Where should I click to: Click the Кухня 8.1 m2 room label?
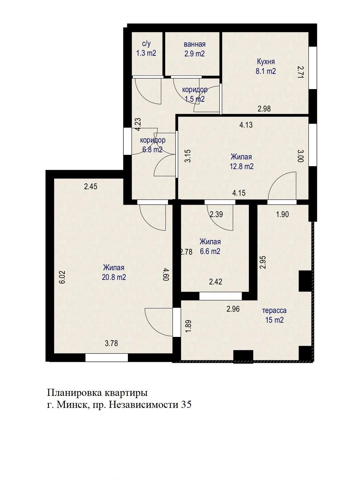(266, 66)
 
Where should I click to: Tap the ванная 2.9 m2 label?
(194, 49)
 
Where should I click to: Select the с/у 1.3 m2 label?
(146, 49)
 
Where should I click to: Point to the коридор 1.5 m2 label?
(195, 94)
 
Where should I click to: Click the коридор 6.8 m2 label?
(152, 145)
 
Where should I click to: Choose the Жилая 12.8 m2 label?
(242, 162)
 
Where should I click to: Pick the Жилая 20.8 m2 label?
(114, 272)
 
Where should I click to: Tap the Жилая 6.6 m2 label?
(210, 247)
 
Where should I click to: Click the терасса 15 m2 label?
(274, 315)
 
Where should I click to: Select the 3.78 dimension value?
(111, 343)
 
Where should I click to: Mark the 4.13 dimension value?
(246, 125)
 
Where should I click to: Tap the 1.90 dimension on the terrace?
(282, 214)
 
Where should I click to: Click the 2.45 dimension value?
(91, 186)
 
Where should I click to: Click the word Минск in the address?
(71, 405)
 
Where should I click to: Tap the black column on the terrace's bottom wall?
(243, 357)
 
